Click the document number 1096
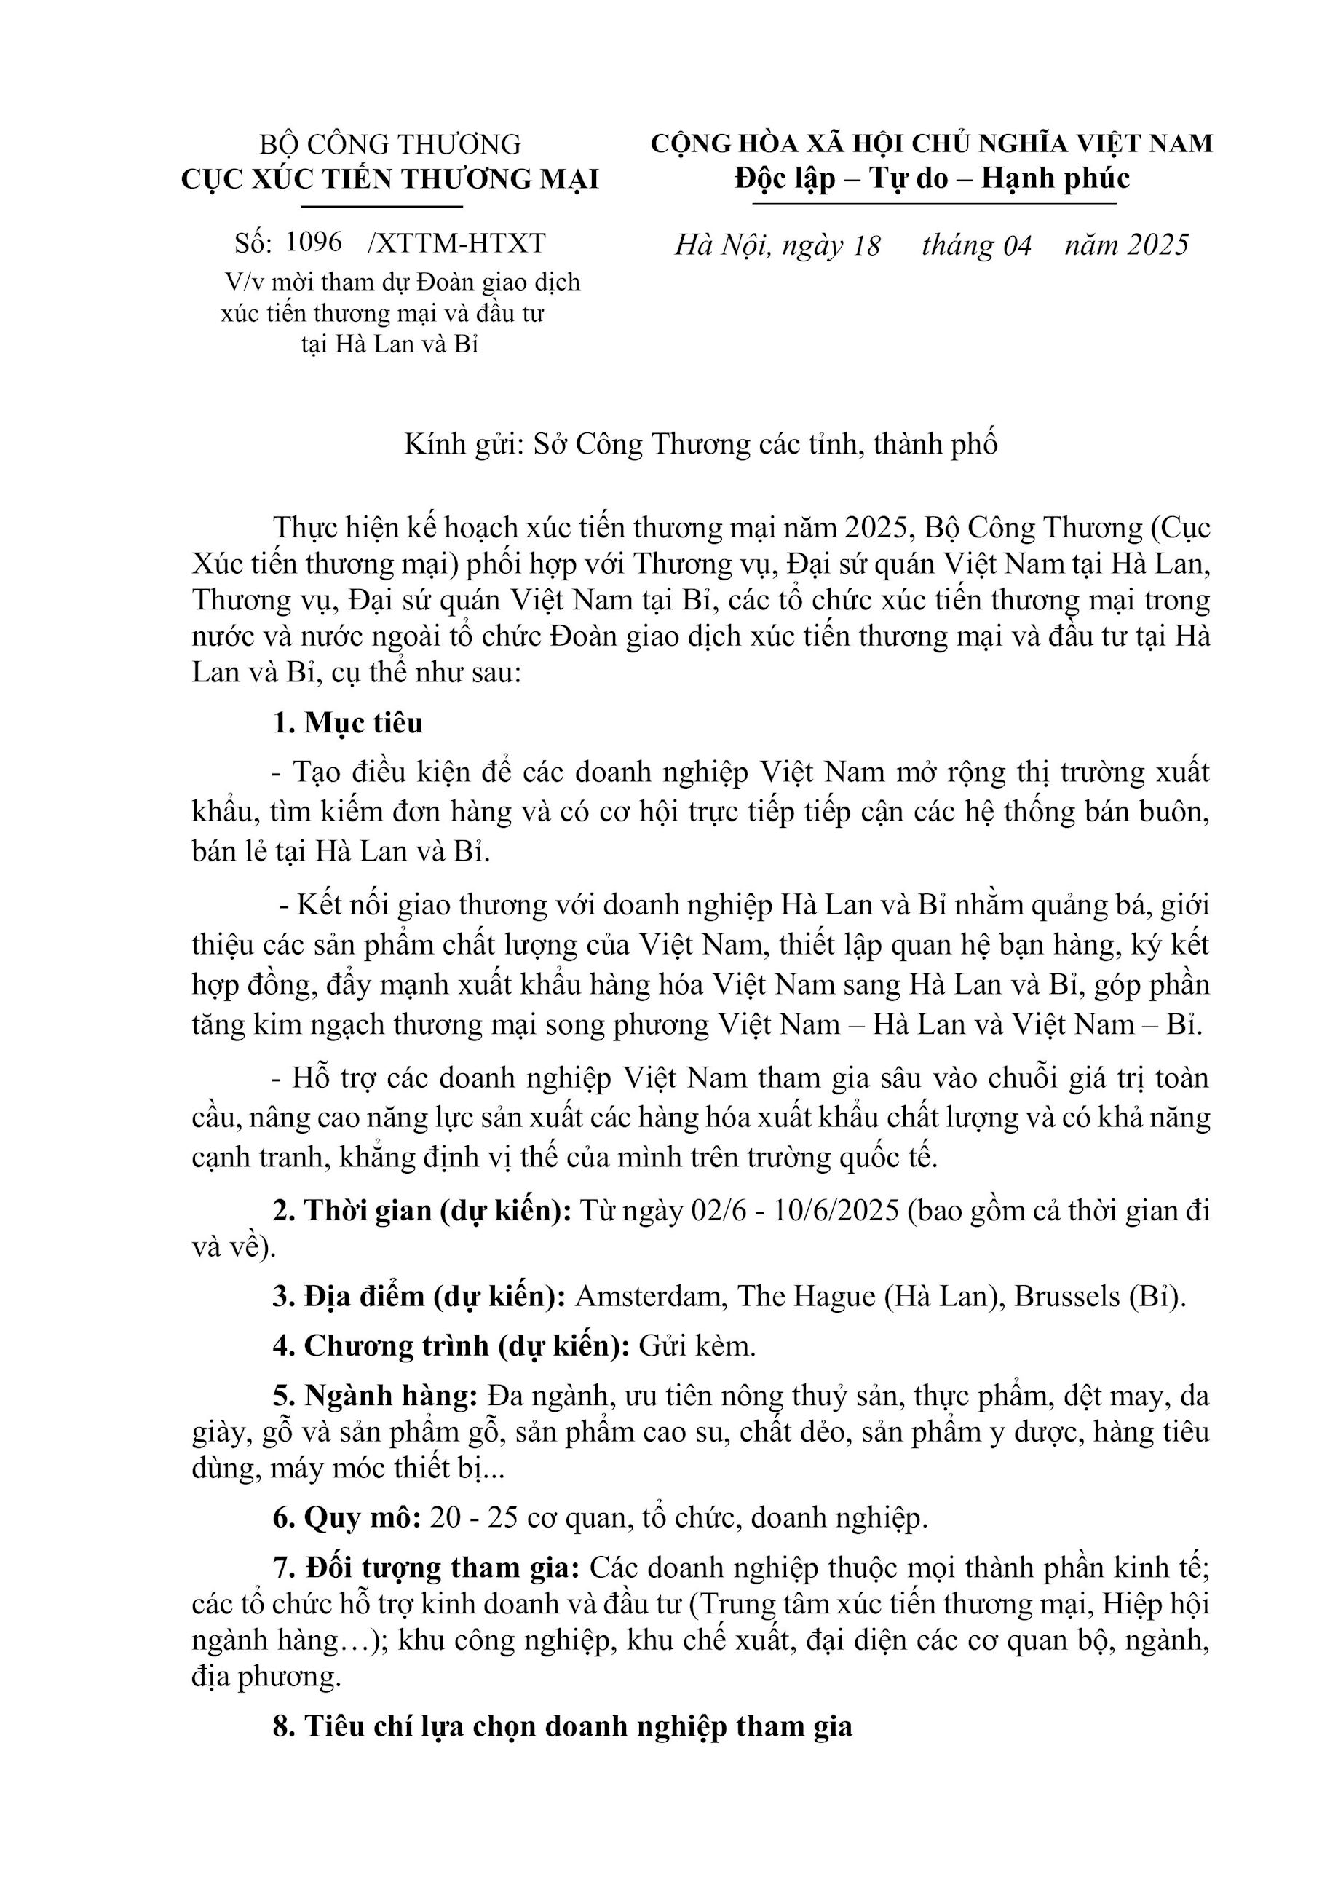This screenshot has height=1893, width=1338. (313, 242)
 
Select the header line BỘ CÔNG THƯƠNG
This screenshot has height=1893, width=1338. (390, 144)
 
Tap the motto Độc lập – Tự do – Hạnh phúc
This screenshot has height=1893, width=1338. (932, 179)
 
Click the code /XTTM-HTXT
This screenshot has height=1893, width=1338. (458, 243)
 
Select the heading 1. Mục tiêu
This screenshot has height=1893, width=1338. (347, 723)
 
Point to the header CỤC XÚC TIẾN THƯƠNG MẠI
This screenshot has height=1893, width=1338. (390, 180)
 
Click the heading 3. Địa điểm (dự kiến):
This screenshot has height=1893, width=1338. (419, 1297)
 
